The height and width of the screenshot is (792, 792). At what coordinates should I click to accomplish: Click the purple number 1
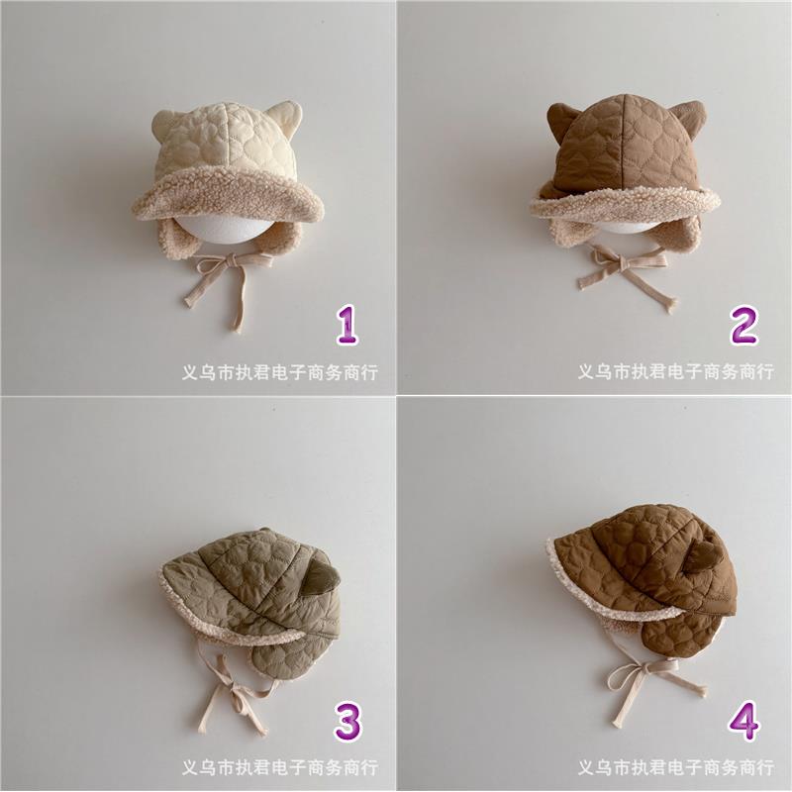pos(348,326)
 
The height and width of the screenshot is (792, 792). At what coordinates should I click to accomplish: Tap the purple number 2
pos(744,326)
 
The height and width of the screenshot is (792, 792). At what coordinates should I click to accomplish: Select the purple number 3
pos(348,722)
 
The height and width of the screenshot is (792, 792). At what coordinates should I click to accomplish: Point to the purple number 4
pos(744,722)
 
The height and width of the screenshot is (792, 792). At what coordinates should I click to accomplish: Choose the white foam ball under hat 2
pos(626,224)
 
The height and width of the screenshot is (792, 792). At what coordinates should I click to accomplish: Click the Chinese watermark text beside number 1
pos(279,372)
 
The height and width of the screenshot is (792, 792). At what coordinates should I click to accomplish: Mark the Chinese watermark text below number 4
pos(676,768)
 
